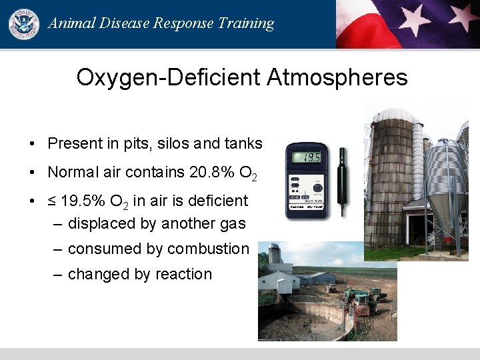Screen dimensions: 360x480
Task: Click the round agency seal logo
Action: coord(23,24)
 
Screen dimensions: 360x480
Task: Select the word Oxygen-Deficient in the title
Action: coord(168,77)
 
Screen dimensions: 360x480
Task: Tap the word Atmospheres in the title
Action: coord(337,77)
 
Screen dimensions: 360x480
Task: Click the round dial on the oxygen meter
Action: coord(317,189)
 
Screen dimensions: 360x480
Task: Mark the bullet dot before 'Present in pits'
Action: coord(32,144)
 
